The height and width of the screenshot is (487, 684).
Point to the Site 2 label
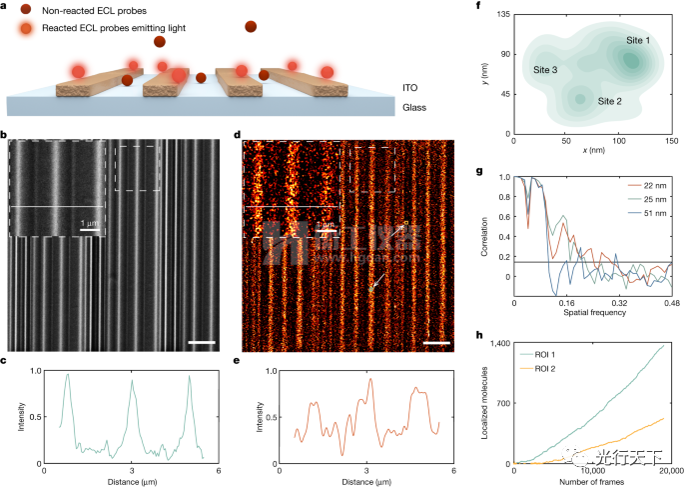pos(610,101)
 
